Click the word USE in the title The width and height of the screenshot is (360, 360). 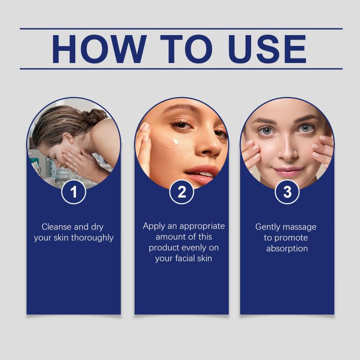point(267,49)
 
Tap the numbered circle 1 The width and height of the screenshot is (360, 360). point(74,192)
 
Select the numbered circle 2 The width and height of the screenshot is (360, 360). point(182,192)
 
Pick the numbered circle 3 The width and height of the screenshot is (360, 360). point(287,192)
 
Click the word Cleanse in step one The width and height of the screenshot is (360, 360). point(57,227)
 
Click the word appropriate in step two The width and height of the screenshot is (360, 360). point(202,226)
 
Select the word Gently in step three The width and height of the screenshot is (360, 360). point(266,227)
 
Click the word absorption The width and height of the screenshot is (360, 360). point(287,249)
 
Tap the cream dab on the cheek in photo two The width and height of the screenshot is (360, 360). point(175,142)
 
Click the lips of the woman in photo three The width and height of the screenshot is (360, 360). point(288,172)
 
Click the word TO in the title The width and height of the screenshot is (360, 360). point(186,49)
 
